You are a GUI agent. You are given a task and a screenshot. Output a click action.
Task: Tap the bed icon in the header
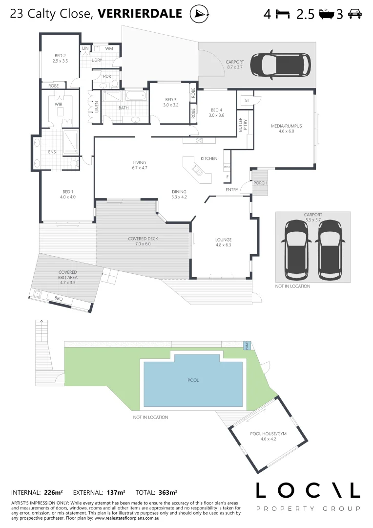coord(283,14)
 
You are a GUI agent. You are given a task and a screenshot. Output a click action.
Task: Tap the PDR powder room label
coord(107,77)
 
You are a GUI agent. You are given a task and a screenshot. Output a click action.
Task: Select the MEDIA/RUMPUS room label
coord(286,126)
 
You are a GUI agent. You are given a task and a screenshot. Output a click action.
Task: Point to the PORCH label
coord(260,183)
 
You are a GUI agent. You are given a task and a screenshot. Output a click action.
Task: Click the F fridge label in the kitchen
coord(227,177)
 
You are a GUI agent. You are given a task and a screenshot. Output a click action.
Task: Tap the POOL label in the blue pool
coord(193,380)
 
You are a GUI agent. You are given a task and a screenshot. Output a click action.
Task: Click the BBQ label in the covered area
coord(58,298)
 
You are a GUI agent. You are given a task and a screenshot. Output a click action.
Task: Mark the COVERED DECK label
coord(143,239)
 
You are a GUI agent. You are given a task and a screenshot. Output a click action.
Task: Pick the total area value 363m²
coord(167,492)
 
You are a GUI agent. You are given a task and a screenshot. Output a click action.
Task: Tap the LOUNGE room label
coord(223,240)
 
